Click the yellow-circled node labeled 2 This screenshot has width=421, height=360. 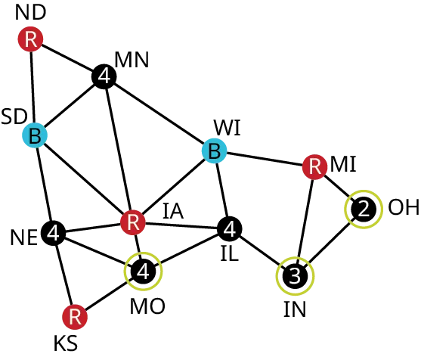pos(364,209)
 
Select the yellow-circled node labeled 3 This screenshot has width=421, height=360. pos(296,276)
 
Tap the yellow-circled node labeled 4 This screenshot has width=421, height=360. pos(144,271)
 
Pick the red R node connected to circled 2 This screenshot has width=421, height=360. pos(314,166)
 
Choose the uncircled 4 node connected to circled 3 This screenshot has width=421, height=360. pos(229,228)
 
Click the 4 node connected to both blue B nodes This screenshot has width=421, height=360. pos(104,76)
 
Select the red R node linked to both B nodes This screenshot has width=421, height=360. pos(133,222)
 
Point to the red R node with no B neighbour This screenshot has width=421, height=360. pos(74,316)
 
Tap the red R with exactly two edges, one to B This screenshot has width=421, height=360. pos(31,39)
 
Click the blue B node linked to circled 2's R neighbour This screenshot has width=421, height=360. pos(214,151)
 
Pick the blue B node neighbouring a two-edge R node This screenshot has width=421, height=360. pos(34,136)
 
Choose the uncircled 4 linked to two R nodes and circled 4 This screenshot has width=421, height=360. pos(53,233)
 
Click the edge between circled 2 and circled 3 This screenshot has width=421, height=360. pos(330,243)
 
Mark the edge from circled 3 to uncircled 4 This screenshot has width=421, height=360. pos(262,252)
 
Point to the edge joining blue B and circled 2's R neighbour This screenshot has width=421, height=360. pos(265,159)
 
